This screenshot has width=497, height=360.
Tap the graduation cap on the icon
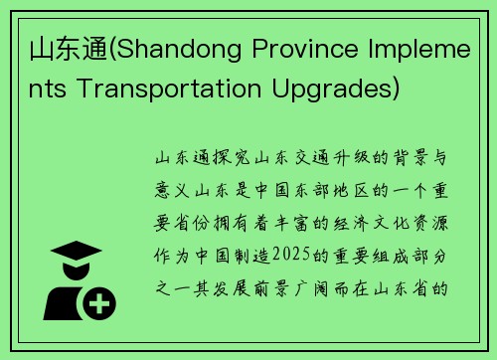point(76,254)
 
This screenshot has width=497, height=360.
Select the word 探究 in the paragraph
point(226,157)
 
